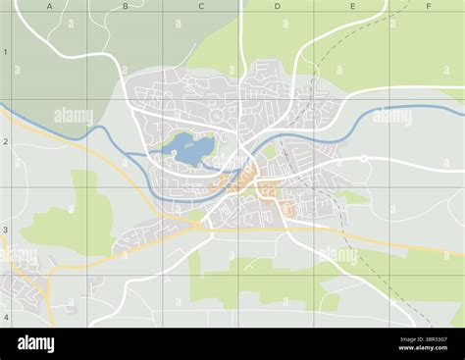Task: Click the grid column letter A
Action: [x=49, y=6]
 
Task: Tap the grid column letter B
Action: [x=125, y=6]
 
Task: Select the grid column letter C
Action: [x=201, y=6]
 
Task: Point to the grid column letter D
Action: [x=277, y=6]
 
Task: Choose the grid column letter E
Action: [x=352, y=6]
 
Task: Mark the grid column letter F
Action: [x=428, y=6]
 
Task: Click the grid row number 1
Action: [x=5, y=52]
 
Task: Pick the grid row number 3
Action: [x=5, y=230]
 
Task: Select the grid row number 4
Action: [x=5, y=317]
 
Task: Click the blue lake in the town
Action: [x=192, y=149]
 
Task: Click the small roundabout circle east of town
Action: [x=364, y=158]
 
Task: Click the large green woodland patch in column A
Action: [x=74, y=221]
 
